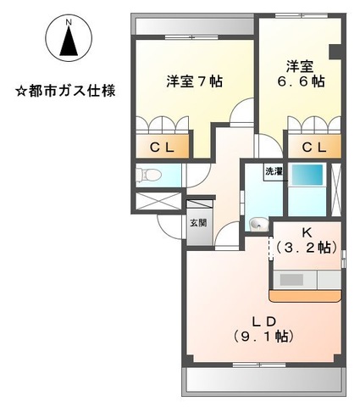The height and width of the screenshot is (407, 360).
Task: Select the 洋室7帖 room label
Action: coord(194,82)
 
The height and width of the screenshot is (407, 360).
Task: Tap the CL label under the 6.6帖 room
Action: coord(313,148)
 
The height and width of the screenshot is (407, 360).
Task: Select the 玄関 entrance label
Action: coord(197,223)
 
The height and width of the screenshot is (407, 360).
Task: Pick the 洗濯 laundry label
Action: coord(273,172)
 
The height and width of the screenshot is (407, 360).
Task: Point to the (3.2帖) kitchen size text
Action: coord(307,248)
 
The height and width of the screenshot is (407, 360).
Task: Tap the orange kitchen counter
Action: coord(305,295)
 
